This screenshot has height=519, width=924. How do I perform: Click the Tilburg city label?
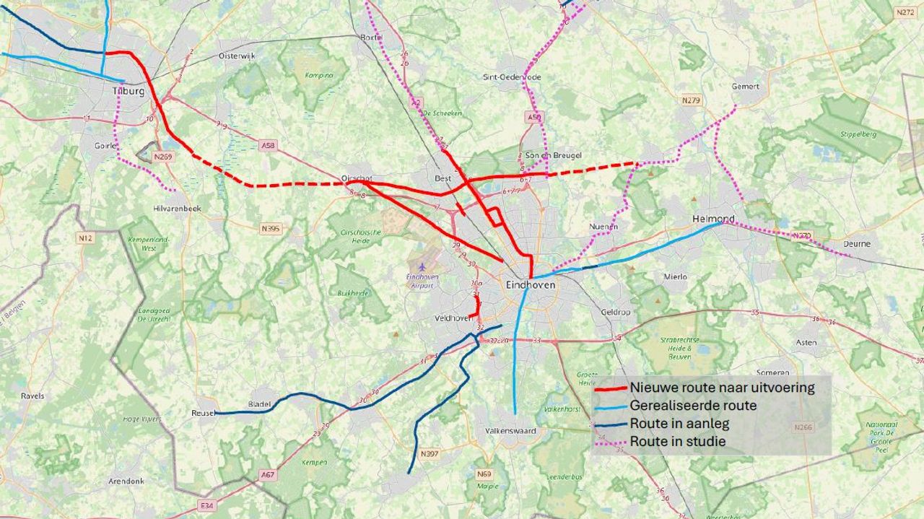point(128,92)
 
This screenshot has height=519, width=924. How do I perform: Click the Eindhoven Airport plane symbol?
point(422,268)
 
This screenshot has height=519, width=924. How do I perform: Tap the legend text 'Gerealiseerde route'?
point(693,406)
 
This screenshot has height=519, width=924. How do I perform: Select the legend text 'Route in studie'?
point(677,441)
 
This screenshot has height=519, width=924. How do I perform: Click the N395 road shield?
point(271,229)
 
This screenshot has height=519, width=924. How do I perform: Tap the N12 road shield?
point(84,237)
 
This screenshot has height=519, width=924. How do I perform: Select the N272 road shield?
point(905,12)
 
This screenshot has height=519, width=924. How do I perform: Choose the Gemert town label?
point(745,87)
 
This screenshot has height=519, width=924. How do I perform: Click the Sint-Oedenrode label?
point(512,77)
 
